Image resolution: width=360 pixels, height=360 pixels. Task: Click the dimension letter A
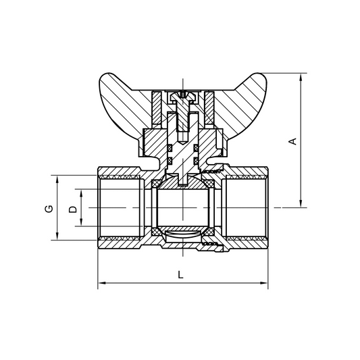(x=292, y=141)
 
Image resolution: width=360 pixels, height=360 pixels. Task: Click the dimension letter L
(x=180, y=275)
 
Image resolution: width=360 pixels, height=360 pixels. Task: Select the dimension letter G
(x=49, y=209)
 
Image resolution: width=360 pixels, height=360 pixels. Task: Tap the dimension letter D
(x=73, y=209)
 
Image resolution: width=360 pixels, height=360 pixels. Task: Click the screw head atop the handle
(x=182, y=96)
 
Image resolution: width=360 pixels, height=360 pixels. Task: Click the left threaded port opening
(x=118, y=207)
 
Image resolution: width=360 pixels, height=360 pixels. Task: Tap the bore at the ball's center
(x=182, y=207)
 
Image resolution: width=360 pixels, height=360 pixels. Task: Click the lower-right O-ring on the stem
(x=196, y=160)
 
